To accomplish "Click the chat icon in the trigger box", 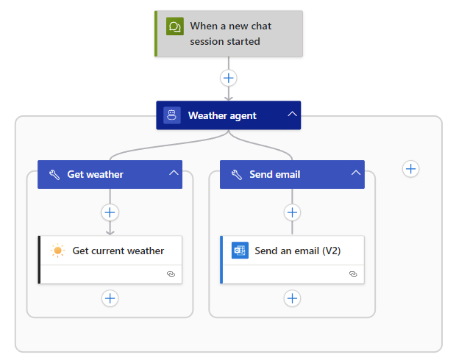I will [x=174, y=26].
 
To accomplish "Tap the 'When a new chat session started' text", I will [x=230, y=34].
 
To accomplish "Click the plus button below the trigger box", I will [x=229, y=78].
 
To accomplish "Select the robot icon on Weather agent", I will [x=172, y=115].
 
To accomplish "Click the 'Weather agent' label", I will [x=222, y=115].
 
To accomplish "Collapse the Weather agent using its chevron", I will [x=292, y=115].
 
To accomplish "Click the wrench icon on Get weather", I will [x=54, y=174].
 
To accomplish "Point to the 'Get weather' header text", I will [x=96, y=174].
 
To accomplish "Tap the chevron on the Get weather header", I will [x=174, y=173].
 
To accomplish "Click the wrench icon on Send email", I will [x=236, y=174].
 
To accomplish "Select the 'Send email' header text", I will [x=275, y=174].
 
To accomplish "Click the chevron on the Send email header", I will [x=356, y=173].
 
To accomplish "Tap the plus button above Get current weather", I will [x=110, y=212].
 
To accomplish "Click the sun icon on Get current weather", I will [x=58, y=251].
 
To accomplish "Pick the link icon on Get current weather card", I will [x=171, y=273].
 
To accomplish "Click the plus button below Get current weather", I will [x=110, y=298].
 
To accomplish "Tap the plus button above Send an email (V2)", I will [x=292, y=212].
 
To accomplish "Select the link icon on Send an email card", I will [x=353, y=273].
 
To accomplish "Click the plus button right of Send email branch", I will [x=411, y=169].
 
